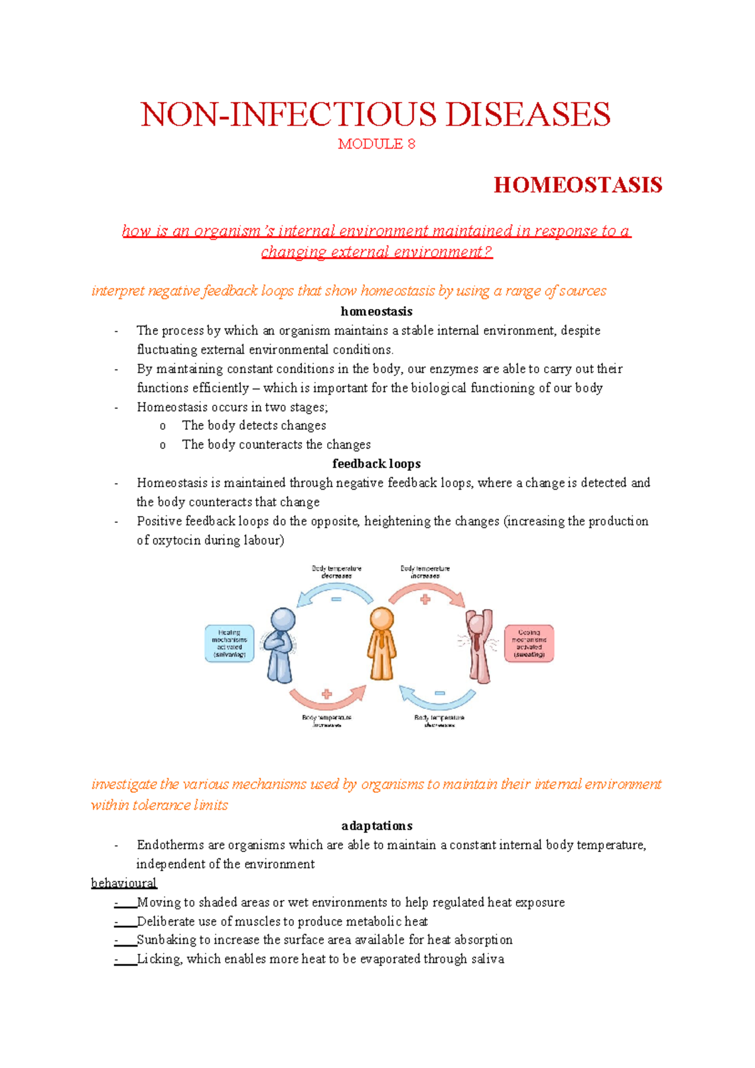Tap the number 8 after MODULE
tap(411, 144)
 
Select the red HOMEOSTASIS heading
tap(578, 185)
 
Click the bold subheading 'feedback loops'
tap(376, 464)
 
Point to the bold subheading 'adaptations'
tap(376, 826)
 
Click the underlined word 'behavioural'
tap(124, 883)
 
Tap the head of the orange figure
tap(382, 619)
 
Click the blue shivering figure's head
tap(283, 619)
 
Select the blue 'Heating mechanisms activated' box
tap(230, 643)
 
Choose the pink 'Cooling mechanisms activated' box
tap(529, 643)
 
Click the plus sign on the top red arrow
tap(425, 599)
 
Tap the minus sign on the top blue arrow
tap(337, 599)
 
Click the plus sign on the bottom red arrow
tap(327, 694)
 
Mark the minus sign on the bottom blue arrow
tap(440, 693)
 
